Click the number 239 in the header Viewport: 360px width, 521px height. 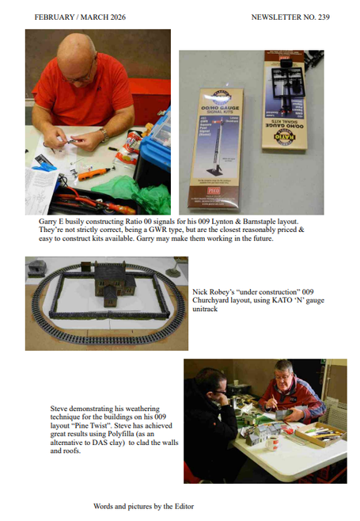point(324,17)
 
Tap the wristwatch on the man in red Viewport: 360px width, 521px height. point(104,135)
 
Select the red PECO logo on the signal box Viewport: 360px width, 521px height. point(214,191)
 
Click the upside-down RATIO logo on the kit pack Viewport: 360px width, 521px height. point(285,136)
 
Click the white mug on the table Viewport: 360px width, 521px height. point(273,443)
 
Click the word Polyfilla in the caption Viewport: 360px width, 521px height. point(121,434)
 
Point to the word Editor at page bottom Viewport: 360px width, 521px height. point(184,507)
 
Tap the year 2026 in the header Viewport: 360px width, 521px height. point(117,17)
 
